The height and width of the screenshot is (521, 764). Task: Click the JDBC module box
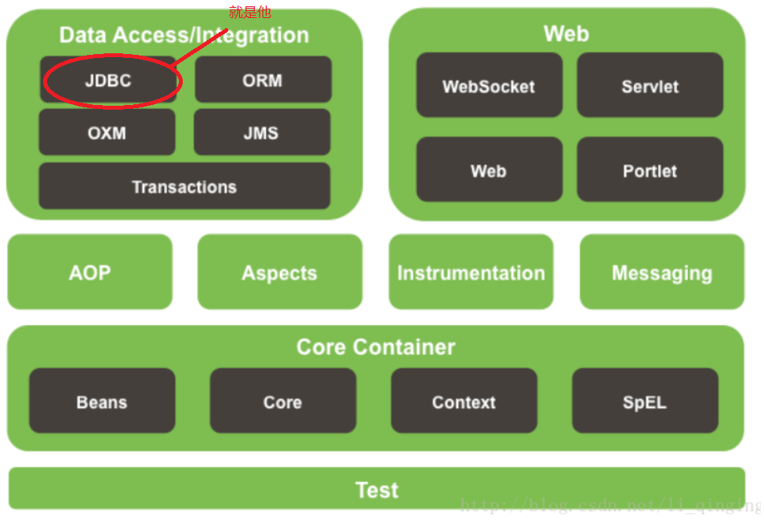click(108, 80)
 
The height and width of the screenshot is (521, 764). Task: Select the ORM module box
click(263, 79)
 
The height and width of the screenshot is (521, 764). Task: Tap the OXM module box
click(107, 132)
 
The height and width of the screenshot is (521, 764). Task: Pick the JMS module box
click(262, 132)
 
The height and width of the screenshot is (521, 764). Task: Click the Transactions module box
click(184, 186)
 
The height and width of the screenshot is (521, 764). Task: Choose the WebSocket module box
click(489, 85)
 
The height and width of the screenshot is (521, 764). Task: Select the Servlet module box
click(650, 85)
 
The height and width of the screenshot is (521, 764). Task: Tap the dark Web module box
click(489, 169)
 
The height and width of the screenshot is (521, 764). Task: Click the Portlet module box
click(650, 169)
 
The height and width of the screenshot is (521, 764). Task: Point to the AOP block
click(90, 272)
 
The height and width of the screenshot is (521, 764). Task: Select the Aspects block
click(280, 272)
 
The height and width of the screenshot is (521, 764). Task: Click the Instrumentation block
click(471, 272)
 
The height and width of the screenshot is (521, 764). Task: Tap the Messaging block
click(662, 272)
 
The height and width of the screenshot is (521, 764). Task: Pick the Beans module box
click(102, 401)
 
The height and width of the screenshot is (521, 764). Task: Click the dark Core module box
click(283, 401)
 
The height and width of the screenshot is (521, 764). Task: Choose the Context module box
click(464, 401)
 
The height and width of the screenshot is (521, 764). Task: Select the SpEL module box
click(645, 401)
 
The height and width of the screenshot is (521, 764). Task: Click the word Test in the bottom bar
click(377, 490)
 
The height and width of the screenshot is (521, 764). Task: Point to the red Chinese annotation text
click(250, 13)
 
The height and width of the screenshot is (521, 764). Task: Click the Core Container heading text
click(376, 347)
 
